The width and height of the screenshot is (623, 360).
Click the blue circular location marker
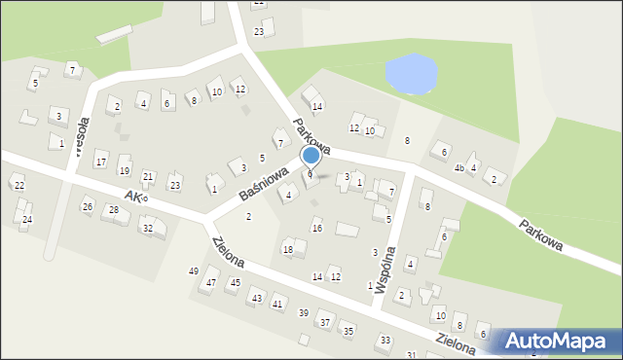pyautogui.click(x=311, y=155)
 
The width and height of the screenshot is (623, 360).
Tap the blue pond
pyautogui.click(x=411, y=74)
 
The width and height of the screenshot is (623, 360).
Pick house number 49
pyautogui.click(x=194, y=270)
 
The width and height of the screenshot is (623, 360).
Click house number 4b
pyautogui.click(x=458, y=167)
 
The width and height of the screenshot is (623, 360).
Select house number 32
pyautogui.click(x=148, y=229)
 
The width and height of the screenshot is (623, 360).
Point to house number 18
pyautogui.click(x=287, y=250)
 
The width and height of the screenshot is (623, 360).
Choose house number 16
pyautogui.click(x=316, y=228)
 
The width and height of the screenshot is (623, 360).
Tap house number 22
pyautogui.click(x=18, y=185)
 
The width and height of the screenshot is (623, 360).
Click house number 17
pyautogui.click(x=100, y=162)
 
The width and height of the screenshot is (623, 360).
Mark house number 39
pyautogui.click(x=304, y=312)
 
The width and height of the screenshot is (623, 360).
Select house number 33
pyautogui.click(x=385, y=340)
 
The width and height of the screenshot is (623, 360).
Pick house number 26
pyautogui.click(x=88, y=206)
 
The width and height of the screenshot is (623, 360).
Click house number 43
pyautogui.click(x=256, y=298)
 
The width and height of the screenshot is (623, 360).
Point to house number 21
pyautogui.click(x=148, y=176)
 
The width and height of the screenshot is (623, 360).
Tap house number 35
pyautogui.click(x=348, y=332)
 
